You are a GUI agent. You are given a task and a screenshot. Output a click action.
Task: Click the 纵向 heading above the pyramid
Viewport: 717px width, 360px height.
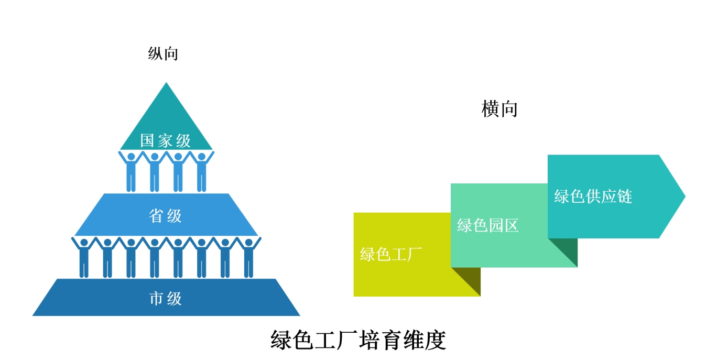163,54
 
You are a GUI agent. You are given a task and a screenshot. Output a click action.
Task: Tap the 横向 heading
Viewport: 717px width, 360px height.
499,110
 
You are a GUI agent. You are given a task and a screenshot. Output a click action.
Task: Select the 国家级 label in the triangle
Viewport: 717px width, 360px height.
166,140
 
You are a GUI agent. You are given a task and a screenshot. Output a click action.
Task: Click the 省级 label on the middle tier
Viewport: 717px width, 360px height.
166,215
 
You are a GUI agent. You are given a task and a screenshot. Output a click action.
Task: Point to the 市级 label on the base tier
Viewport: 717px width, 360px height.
166,299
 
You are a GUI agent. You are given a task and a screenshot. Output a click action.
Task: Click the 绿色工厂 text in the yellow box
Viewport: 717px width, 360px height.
391,255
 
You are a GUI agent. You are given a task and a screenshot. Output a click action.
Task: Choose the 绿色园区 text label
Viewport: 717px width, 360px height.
487,226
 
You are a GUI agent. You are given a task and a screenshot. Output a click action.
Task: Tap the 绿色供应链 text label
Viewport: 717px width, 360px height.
593,197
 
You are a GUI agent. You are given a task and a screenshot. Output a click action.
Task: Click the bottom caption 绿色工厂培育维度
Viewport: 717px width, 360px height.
358,340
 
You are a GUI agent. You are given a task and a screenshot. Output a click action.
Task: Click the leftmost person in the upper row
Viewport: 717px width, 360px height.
131,171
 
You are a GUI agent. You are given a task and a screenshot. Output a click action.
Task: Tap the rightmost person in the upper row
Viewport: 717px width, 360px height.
202,171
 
